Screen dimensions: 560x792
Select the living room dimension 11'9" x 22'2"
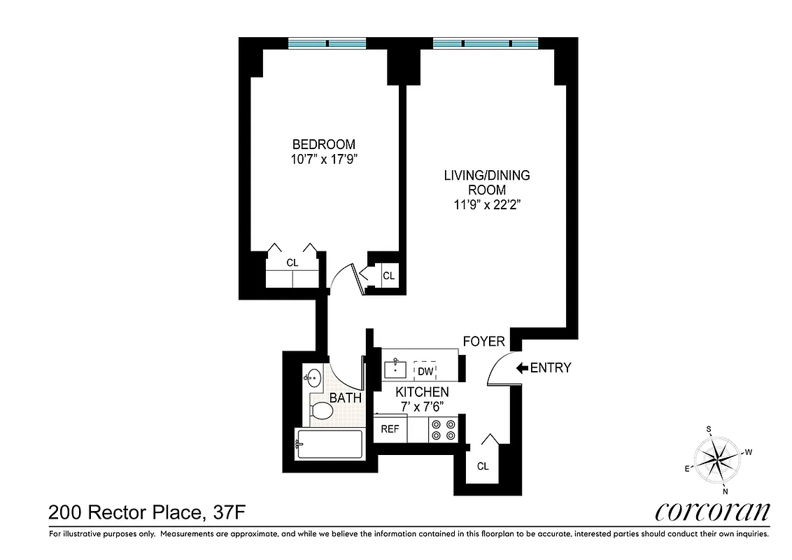(x=487, y=205)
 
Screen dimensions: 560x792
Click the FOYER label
(x=483, y=342)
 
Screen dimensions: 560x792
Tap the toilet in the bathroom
(x=323, y=409)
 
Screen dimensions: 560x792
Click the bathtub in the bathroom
(x=329, y=444)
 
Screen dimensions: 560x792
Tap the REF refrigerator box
(x=390, y=429)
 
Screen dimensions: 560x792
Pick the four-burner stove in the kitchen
(x=442, y=429)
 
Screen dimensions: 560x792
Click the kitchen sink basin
(x=395, y=368)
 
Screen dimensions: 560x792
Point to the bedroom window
(x=327, y=43)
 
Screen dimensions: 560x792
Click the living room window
(x=486, y=43)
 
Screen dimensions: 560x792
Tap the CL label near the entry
(x=483, y=466)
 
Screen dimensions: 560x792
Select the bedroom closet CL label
(x=292, y=263)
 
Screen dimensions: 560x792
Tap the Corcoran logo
(x=712, y=511)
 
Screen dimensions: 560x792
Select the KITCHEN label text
(x=422, y=392)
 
